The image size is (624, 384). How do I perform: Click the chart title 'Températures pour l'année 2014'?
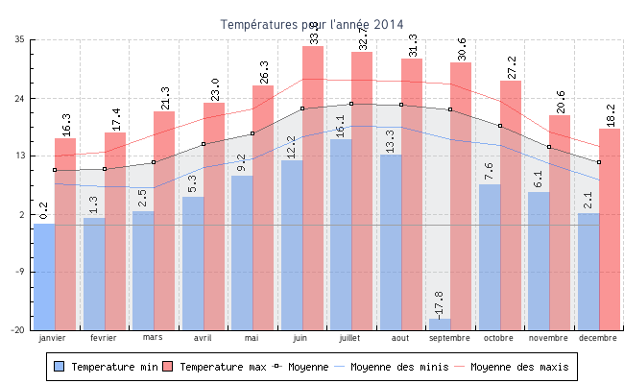pyautogui.click(x=312, y=24)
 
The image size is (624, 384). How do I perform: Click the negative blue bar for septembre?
pyautogui.click(x=440, y=324)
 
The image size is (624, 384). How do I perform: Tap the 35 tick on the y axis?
pyautogui.click(x=19, y=39)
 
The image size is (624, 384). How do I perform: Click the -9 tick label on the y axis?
pyautogui.click(x=19, y=272)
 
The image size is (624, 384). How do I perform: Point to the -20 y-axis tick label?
pyautogui.click(x=18, y=330)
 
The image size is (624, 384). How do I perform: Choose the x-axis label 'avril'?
pyautogui.click(x=203, y=338)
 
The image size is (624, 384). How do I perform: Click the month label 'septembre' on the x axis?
pyautogui.click(x=449, y=338)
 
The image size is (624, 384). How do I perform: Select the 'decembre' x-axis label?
pyautogui.click(x=597, y=338)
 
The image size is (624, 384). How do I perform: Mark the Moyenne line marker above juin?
pyautogui.click(x=302, y=108)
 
